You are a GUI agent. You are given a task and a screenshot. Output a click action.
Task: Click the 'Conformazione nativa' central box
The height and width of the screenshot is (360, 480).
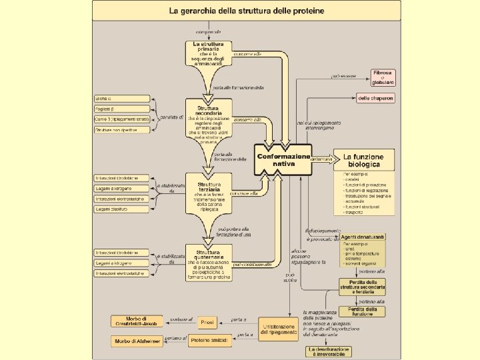283,161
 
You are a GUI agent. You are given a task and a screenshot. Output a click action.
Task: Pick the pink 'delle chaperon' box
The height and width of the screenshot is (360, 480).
375,98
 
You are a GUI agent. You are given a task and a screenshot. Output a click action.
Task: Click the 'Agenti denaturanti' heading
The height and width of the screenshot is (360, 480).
363,238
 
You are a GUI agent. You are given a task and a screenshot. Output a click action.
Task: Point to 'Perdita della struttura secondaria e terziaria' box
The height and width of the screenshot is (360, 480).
361,287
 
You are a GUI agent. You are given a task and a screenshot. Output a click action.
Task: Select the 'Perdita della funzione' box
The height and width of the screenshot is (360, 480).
361,311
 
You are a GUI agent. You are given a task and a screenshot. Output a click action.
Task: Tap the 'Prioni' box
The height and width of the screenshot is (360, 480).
207,323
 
